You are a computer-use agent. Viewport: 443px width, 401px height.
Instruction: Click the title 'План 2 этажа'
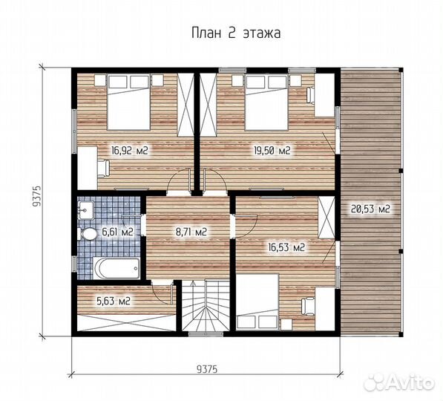point(236,33)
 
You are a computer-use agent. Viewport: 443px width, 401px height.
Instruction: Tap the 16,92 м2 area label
point(130,151)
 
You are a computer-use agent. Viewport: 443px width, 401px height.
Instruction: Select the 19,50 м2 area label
point(272,151)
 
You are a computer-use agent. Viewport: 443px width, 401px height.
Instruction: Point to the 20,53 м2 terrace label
point(370,209)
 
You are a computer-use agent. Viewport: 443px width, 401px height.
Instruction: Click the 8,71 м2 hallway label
point(191,232)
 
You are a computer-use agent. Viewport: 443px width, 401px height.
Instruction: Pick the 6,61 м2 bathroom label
point(117,232)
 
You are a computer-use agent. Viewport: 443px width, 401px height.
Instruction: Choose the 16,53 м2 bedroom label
point(286,248)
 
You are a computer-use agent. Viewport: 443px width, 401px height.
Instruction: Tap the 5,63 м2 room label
point(114,301)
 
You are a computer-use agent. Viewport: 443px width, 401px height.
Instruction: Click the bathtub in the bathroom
point(117,268)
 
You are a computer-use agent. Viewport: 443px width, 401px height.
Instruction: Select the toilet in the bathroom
point(88,234)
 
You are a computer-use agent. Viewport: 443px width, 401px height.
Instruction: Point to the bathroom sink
point(86,210)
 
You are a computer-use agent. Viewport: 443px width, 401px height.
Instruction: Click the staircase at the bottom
point(206,305)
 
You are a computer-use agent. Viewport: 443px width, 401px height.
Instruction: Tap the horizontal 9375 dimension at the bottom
point(207,369)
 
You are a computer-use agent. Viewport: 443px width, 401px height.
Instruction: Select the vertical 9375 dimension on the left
point(37,197)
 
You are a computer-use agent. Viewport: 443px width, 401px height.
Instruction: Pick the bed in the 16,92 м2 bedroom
point(128,102)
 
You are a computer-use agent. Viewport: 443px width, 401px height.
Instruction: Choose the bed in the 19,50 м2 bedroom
point(266,102)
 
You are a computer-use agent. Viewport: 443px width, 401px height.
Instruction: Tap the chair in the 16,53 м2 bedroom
point(308,307)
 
